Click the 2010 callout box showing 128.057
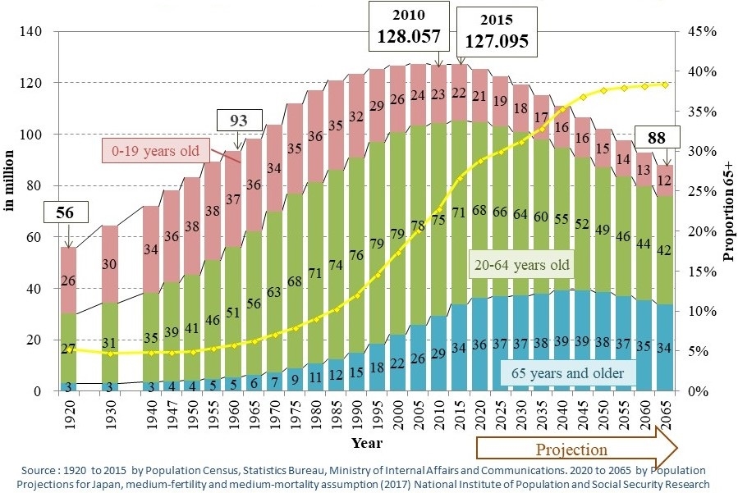tap(410, 28)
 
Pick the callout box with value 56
tap(65, 213)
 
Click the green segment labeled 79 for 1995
tap(377, 243)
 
